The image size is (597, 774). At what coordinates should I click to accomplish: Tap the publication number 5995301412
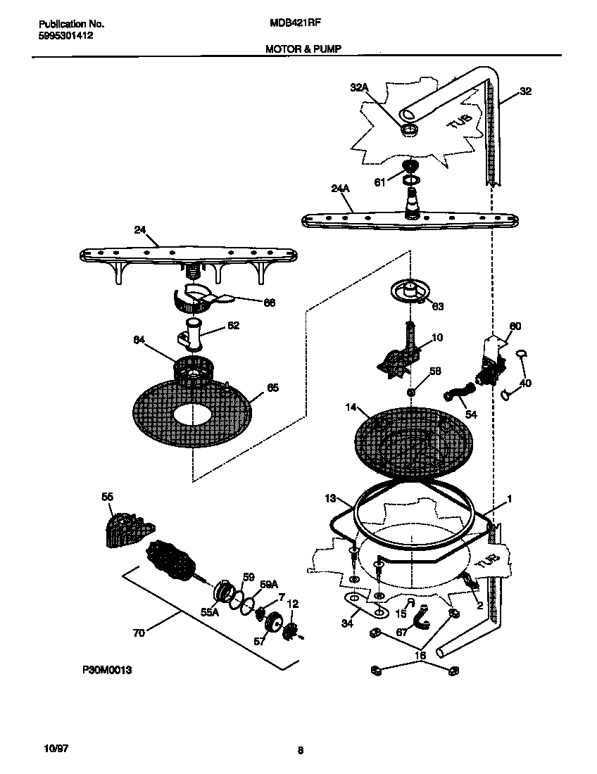click(63, 34)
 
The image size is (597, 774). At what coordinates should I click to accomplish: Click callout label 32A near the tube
click(359, 87)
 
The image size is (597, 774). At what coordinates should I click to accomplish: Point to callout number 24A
click(340, 188)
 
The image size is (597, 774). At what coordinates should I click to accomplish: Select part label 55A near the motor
click(210, 613)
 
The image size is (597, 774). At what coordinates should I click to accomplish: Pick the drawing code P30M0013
click(102, 671)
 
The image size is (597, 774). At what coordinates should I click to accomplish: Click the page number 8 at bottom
click(300, 751)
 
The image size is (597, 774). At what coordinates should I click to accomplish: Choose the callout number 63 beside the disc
click(437, 306)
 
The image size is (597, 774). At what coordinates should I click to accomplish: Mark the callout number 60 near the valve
click(515, 326)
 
